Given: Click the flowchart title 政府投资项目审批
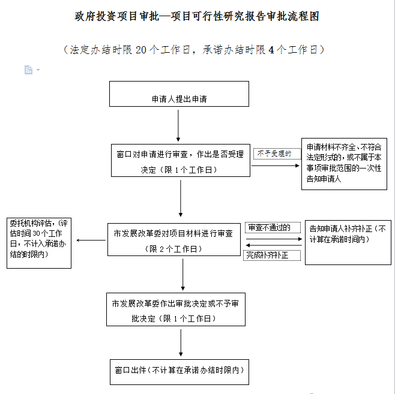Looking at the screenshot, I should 197,17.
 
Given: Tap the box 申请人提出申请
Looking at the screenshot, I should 179,94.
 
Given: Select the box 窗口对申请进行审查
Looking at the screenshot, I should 180,160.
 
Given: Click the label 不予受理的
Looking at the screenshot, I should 275,154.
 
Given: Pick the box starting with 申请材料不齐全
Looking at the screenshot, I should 343,164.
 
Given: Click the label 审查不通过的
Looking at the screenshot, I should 270,227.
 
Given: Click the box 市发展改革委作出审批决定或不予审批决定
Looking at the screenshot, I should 176,309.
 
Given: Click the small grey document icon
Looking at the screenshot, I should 28,70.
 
